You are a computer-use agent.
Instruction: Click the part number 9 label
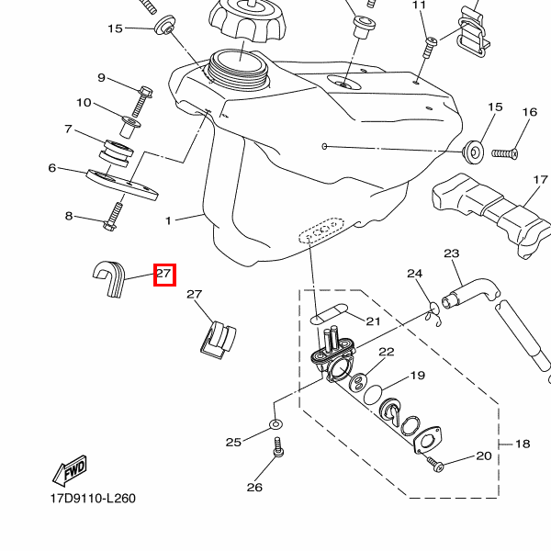102,78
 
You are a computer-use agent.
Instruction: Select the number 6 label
52,168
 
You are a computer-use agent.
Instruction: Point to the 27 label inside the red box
164,274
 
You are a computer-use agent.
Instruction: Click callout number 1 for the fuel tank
168,221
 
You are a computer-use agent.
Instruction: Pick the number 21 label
373,320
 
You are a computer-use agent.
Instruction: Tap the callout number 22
386,353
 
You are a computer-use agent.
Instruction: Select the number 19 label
418,376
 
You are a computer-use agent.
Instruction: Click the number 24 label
414,274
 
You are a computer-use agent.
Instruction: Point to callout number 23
451,253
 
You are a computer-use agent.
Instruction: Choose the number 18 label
523,444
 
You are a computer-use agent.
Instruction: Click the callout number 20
484,455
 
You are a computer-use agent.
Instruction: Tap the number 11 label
420,6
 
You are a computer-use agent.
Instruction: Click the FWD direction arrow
71,471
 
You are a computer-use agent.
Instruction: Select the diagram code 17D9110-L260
93,500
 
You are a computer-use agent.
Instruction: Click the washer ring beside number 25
275,424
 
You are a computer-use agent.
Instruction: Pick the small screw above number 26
278,449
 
